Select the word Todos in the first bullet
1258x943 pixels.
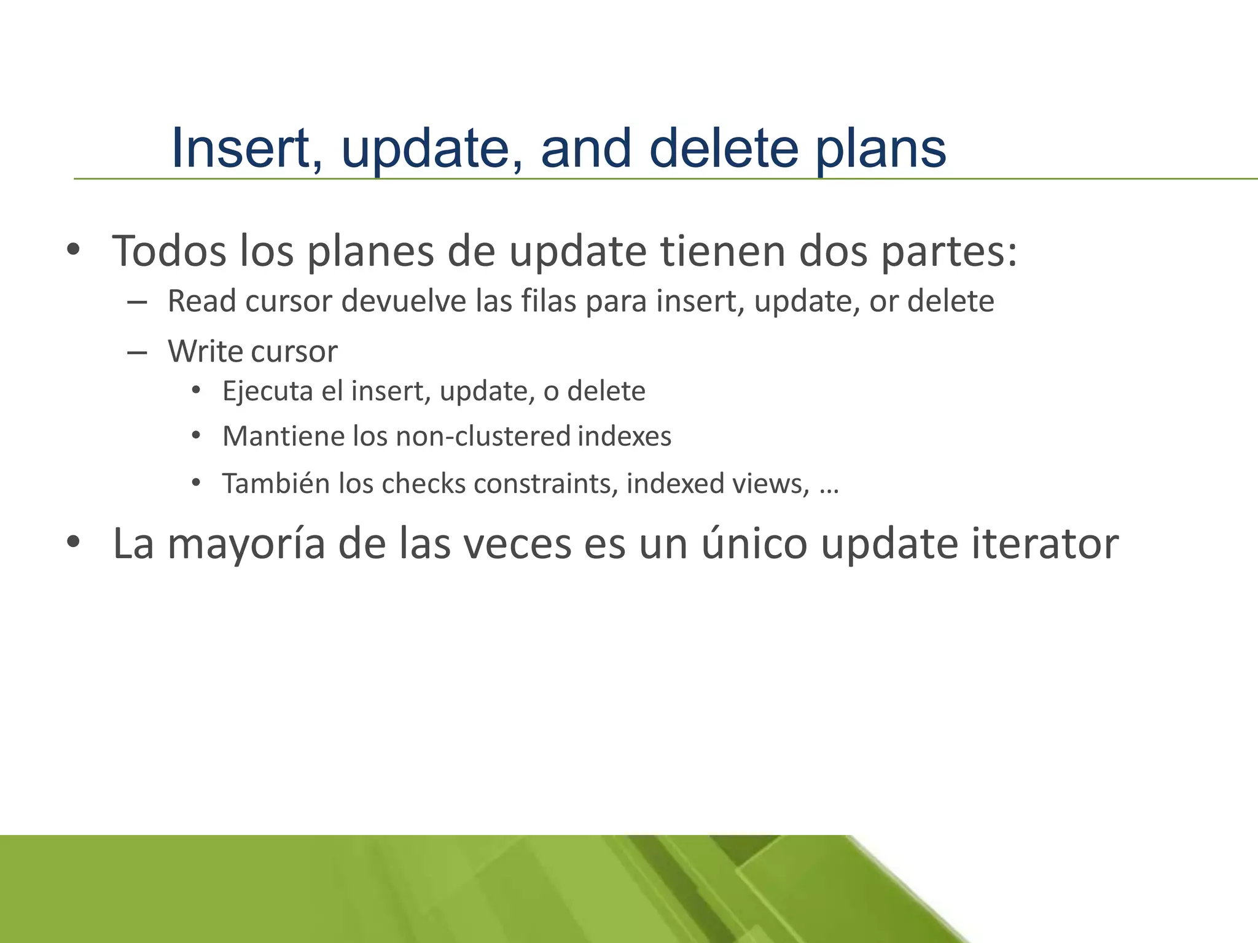pyautogui.click(x=169, y=251)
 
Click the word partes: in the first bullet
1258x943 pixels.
pyautogui.click(x=950, y=252)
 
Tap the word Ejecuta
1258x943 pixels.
pyautogui.click(x=267, y=391)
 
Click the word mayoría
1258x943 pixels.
pyautogui.click(x=246, y=545)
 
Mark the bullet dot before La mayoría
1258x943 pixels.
pyautogui.click(x=74, y=542)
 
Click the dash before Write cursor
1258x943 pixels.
pyautogui.click(x=137, y=352)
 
